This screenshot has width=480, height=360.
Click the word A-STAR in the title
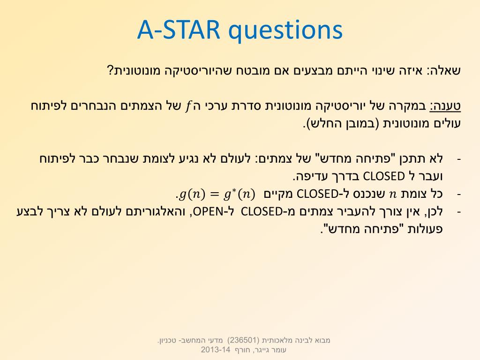179,30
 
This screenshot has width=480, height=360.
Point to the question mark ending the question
110,71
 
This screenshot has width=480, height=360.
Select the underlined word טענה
445,106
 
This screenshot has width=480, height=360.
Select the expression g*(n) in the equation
240,194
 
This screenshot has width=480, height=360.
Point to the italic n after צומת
392,195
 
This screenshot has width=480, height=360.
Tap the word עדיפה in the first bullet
311,176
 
